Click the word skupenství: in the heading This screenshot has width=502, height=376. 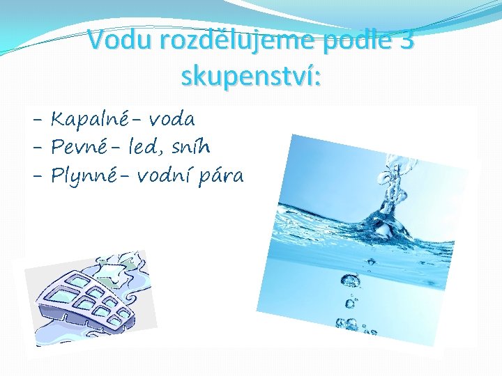click(251, 77)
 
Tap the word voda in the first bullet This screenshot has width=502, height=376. click(172, 120)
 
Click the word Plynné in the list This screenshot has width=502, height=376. click(86, 175)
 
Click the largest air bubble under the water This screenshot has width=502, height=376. click(348, 281)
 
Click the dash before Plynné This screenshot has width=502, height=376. click(39, 177)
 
